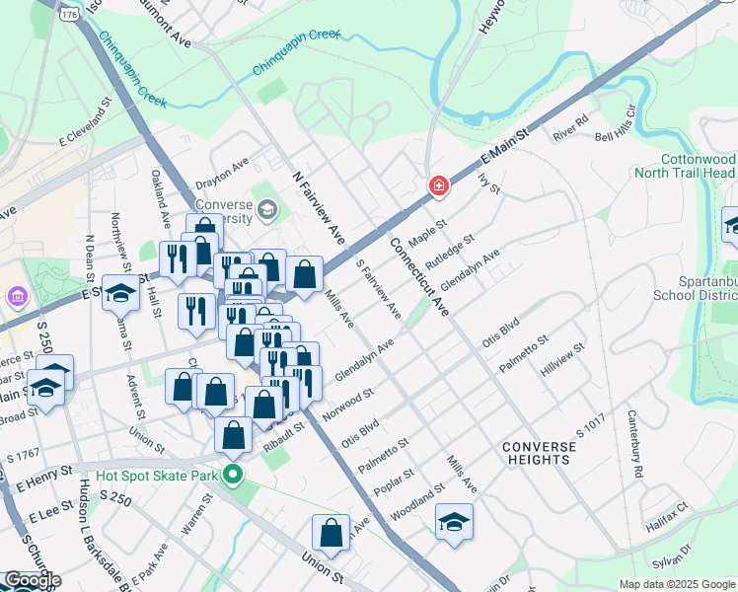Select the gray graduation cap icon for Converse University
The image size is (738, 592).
click(266, 209)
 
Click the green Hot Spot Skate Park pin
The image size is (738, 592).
click(233, 476)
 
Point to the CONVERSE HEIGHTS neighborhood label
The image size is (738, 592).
click(539, 454)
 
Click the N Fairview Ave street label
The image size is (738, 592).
click(319, 208)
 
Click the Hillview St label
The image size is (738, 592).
click(562, 361)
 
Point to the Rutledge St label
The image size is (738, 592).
click(450, 252)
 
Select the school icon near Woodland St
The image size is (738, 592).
click(454, 522)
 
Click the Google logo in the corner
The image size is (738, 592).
click(32, 580)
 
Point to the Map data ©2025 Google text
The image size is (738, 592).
click(677, 584)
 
